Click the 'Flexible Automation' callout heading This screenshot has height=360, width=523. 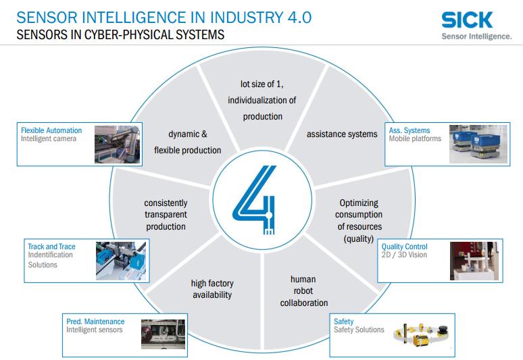(51, 130)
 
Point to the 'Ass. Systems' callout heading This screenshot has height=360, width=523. (409, 130)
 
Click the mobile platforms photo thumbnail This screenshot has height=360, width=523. (475, 144)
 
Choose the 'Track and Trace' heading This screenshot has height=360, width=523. (51, 247)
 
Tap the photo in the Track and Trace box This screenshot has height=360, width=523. (122, 261)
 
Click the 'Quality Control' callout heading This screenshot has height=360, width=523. (405, 247)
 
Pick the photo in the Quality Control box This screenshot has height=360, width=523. (476, 261)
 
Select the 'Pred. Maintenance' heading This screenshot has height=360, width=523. (95, 322)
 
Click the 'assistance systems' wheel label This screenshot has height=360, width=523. (342, 134)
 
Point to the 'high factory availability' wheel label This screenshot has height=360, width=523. (211, 289)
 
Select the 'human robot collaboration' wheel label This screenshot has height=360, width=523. (303, 290)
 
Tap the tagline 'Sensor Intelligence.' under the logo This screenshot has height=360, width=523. (476, 36)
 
